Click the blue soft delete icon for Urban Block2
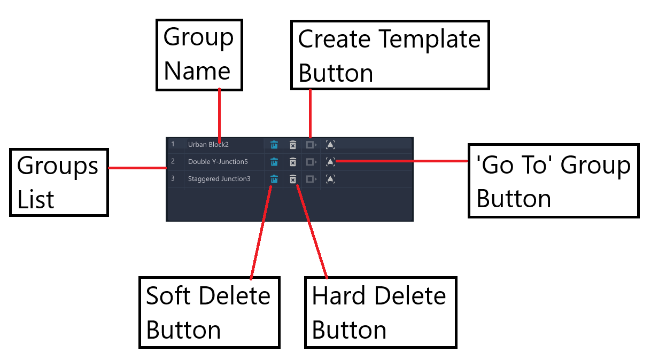tap(274, 145)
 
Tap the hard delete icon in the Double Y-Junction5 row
tap(293, 162)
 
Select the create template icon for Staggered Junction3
tap(311, 179)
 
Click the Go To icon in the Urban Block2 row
tap(330, 145)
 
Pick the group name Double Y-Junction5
tap(218, 162)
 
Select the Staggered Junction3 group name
tap(219, 179)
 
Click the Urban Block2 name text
tap(208, 145)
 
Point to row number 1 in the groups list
tap(173, 144)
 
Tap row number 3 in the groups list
tap(173, 178)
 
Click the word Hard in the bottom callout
tap(338, 296)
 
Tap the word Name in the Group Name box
tap(197, 71)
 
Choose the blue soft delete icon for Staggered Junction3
tap(274, 179)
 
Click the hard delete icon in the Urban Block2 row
tap(293, 145)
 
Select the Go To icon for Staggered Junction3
tap(330, 179)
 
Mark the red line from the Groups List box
tap(137, 168)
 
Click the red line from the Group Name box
tap(220, 115)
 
